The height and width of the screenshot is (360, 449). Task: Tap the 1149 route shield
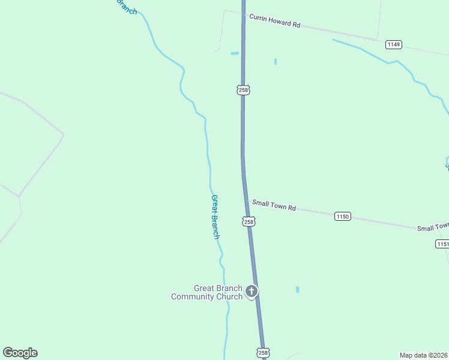394,44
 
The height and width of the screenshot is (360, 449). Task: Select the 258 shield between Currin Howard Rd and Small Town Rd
243,90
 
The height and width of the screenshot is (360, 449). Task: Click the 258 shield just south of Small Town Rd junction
249,221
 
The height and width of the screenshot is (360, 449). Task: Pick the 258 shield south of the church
262,352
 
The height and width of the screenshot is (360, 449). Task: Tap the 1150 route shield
342,216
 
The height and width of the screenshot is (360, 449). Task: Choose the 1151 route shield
442,244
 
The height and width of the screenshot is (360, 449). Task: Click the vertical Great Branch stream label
215,217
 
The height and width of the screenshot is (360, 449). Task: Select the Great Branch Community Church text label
207,292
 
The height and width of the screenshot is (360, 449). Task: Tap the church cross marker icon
252,292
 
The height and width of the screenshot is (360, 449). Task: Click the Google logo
20,353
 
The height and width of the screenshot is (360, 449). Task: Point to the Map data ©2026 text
423,355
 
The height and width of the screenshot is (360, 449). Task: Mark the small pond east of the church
297,290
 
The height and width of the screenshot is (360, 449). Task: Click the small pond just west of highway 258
234,53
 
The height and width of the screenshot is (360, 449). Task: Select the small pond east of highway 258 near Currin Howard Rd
276,61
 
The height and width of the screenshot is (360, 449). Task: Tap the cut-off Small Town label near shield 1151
433,227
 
